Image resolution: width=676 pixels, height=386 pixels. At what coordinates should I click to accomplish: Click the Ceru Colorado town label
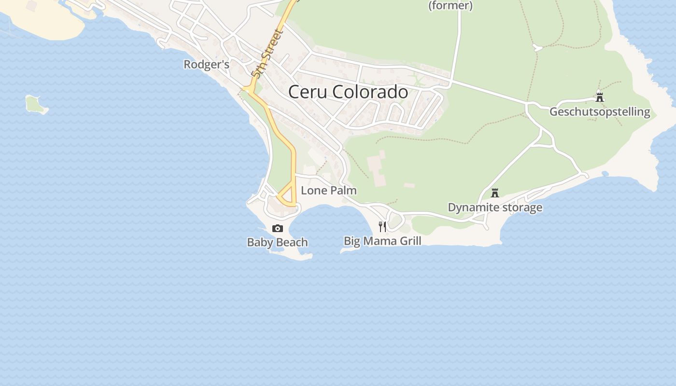pyautogui.click(x=348, y=92)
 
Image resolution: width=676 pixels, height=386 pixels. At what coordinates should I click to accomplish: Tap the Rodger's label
pyautogui.click(x=206, y=64)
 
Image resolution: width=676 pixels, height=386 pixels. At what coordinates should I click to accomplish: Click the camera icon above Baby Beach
pyautogui.click(x=278, y=228)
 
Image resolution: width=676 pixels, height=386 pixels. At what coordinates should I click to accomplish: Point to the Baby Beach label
pyautogui.click(x=277, y=242)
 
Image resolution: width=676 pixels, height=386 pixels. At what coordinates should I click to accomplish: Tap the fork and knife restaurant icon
pyautogui.click(x=382, y=226)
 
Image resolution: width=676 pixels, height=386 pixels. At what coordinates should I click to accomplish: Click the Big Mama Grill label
pyautogui.click(x=382, y=241)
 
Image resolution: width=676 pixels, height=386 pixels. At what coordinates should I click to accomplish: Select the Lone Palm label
pyautogui.click(x=329, y=190)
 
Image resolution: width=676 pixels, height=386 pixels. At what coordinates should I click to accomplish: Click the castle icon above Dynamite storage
pyautogui.click(x=494, y=193)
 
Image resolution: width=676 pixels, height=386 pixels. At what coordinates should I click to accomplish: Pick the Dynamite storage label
pyautogui.click(x=495, y=207)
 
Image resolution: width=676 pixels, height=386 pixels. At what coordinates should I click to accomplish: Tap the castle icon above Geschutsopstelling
pyautogui.click(x=600, y=97)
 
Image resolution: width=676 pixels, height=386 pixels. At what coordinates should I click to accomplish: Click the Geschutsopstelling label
pyautogui.click(x=600, y=112)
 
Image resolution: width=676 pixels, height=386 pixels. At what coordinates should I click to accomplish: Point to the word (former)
pyautogui.click(x=451, y=6)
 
